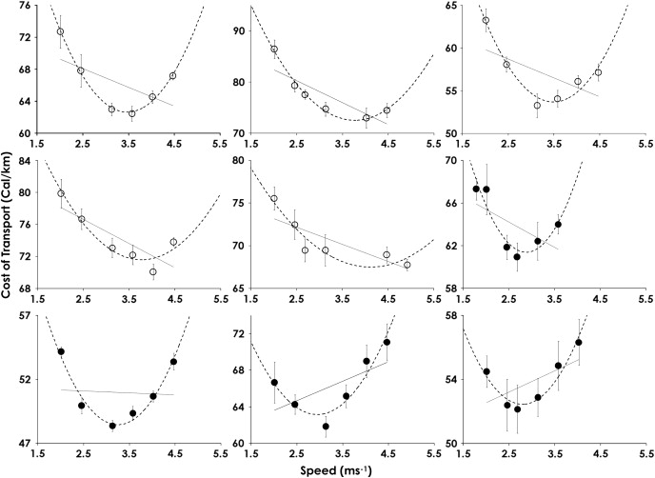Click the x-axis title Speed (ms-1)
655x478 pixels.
pos(328,469)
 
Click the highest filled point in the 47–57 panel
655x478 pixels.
pos(61,351)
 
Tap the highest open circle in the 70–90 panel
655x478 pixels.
pos(274,49)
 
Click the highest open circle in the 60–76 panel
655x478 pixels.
pos(61,31)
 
